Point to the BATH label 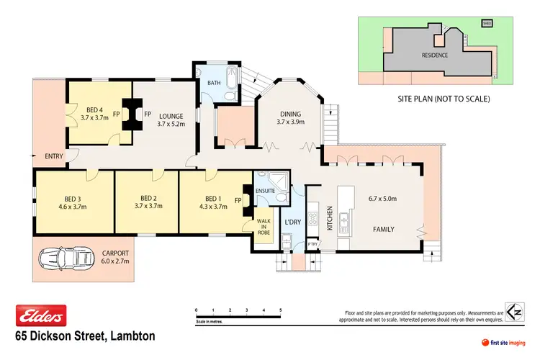tap(214, 83)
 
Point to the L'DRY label tap(292, 221)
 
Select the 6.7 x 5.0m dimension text tap(383, 199)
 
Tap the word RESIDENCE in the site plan tap(434, 55)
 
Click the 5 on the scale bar tap(281, 310)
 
